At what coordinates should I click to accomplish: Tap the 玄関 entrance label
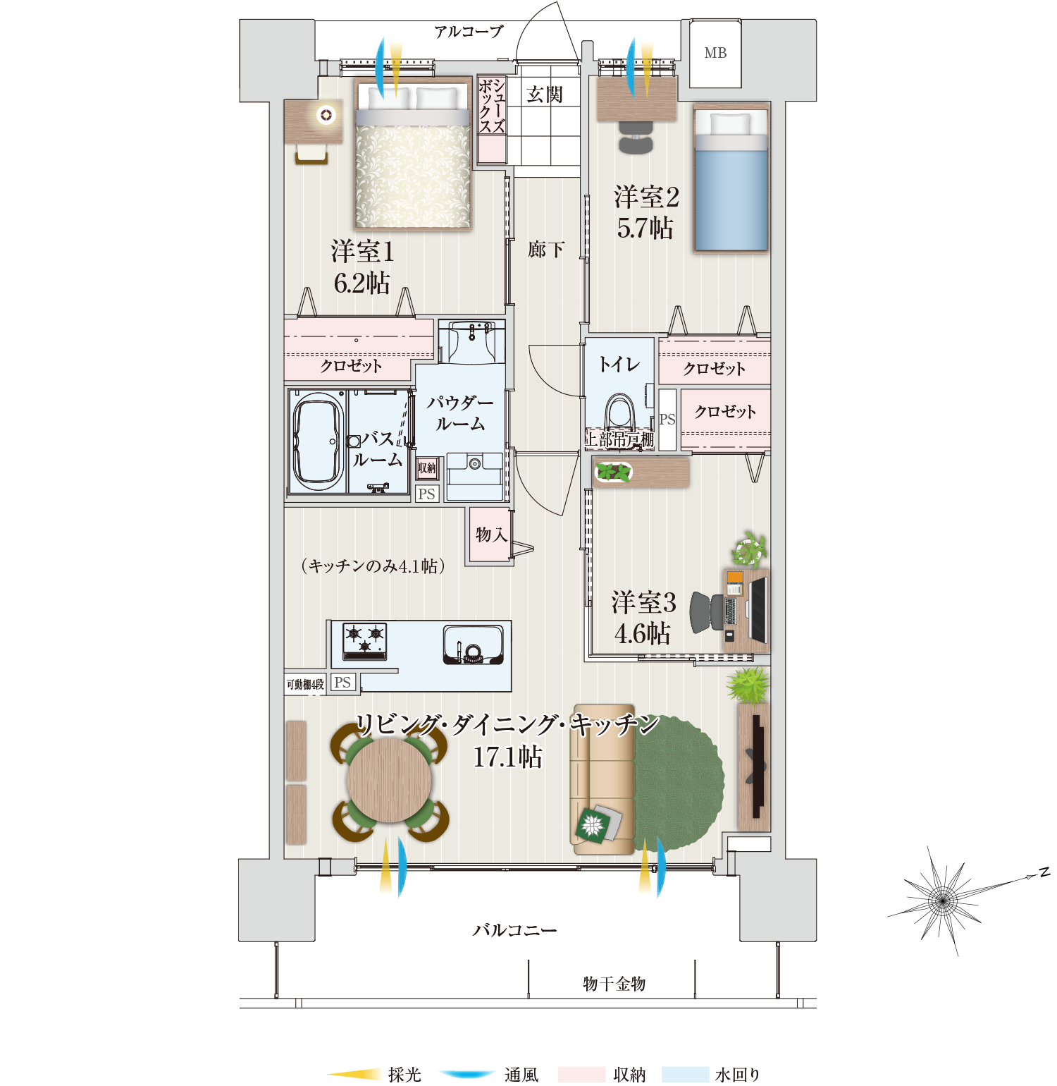(x=545, y=94)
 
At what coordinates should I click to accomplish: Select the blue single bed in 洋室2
(x=731, y=178)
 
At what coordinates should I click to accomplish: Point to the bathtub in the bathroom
(x=318, y=441)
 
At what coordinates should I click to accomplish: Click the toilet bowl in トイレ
(x=620, y=414)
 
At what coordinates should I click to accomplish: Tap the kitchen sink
(x=473, y=645)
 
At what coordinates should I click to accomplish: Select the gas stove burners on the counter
(x=365, y=640)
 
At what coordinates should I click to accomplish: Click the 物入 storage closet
(x=490, y=535)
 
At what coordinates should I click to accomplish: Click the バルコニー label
(x=514, y=930)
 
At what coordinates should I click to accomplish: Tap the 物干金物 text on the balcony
(x=614, y=984)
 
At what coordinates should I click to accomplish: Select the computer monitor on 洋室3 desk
(x=758, y=610)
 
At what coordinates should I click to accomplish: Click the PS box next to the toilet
(x=667, y=420)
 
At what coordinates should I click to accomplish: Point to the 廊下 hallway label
(x=546, y=250)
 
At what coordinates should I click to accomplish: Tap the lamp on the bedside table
(x=326, y=114)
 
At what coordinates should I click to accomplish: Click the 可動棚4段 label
(x=305, y=684)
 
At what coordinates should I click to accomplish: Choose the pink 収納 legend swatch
(x=581, y=1074)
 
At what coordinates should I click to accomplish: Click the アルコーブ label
(x=469, y=32)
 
